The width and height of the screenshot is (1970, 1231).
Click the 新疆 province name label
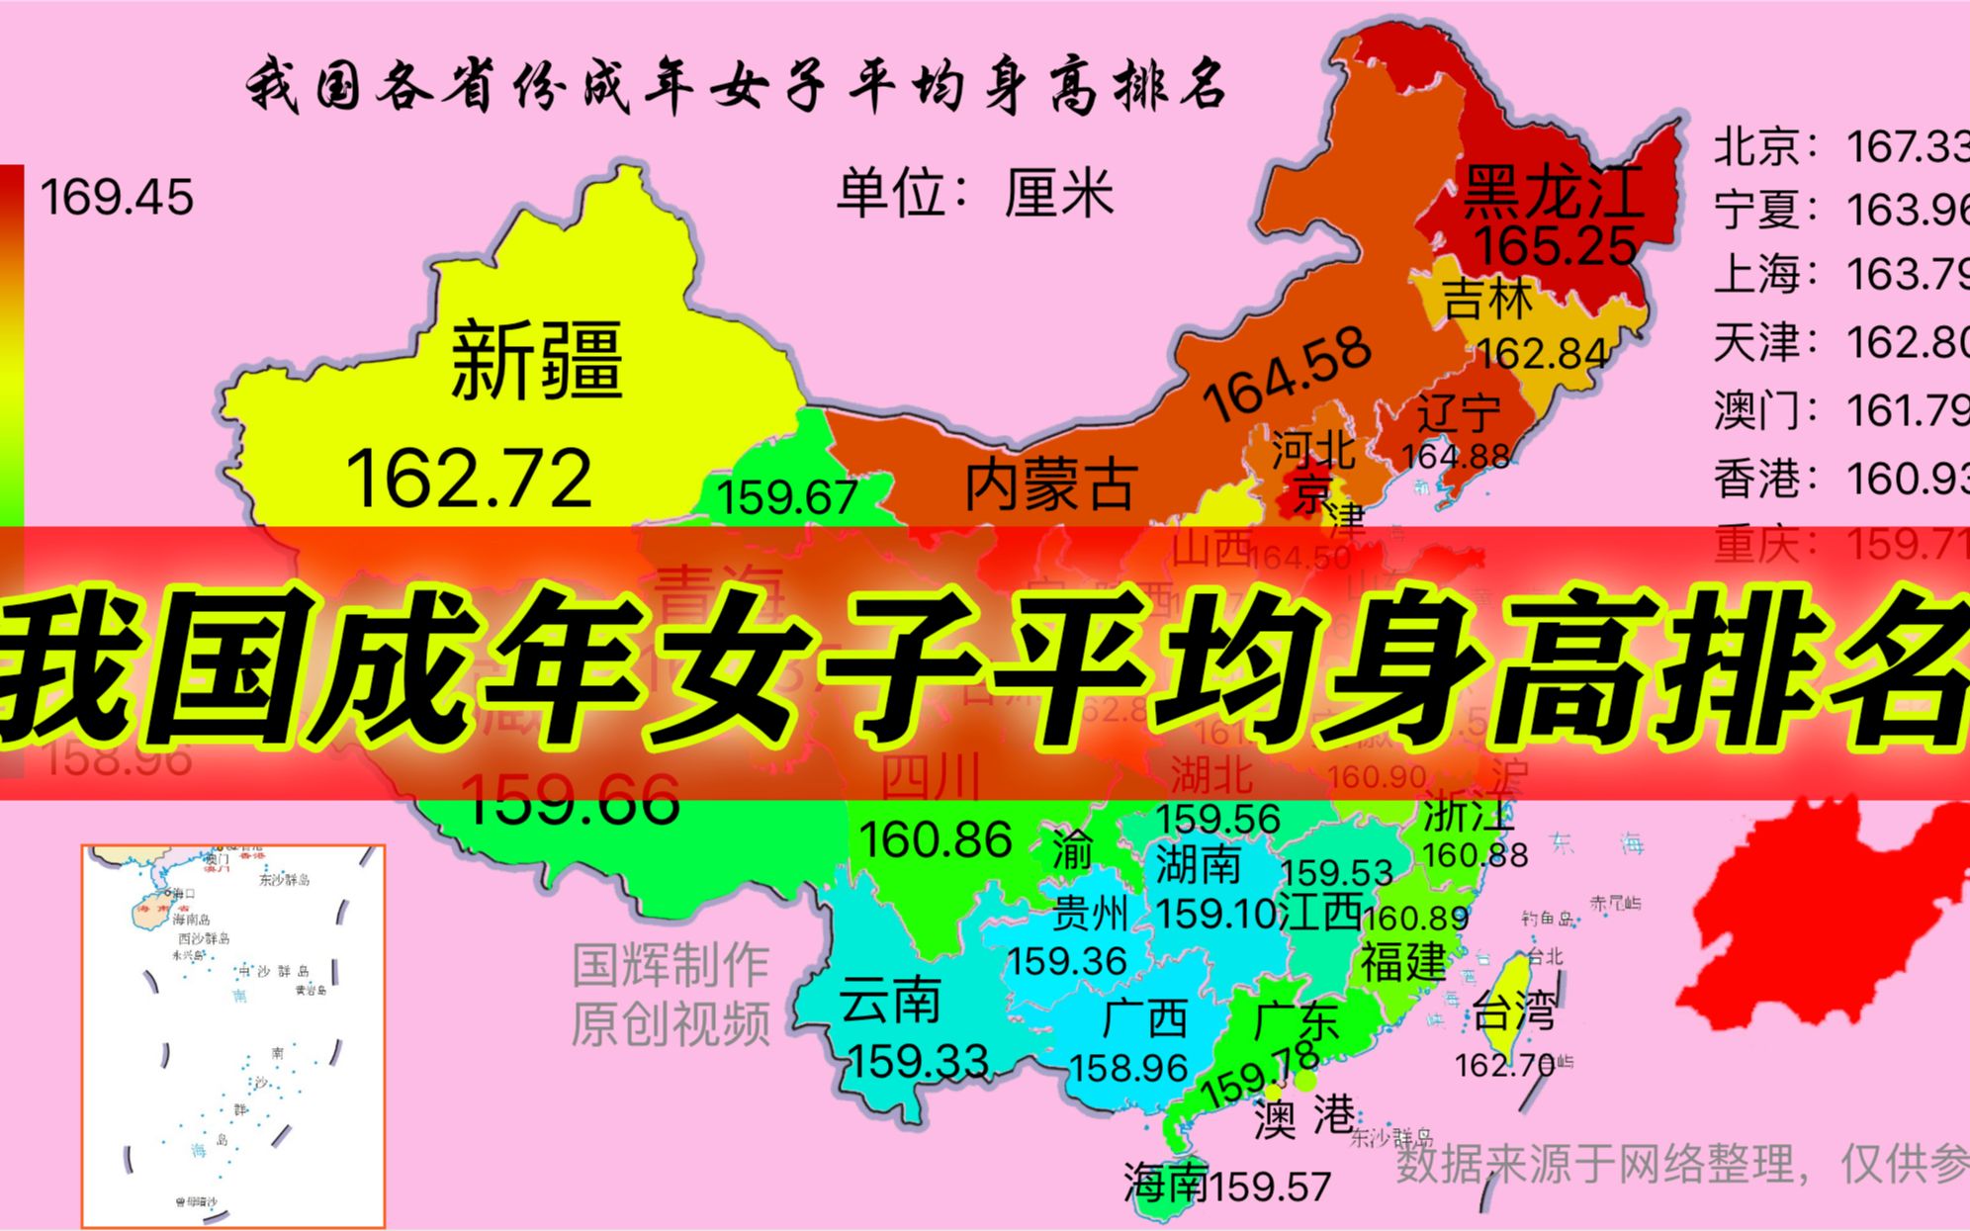536,360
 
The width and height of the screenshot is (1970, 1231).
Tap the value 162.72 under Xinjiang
469,479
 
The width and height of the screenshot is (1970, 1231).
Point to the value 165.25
1556,245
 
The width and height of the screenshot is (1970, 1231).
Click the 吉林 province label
1486,299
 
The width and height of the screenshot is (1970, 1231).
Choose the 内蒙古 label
1050,485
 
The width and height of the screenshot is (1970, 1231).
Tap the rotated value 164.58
1287,373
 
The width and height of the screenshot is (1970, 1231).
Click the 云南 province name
890,1002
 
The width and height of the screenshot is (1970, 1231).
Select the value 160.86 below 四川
935,840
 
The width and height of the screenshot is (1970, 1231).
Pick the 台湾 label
1513,1011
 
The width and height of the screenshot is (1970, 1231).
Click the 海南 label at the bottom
1165,1183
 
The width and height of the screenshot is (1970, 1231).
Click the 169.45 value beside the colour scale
117,198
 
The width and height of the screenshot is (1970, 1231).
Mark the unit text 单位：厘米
974,193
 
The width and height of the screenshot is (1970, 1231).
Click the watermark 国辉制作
671,964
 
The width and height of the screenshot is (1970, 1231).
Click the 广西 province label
1144,1018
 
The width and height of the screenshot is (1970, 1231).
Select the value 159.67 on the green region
787,497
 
